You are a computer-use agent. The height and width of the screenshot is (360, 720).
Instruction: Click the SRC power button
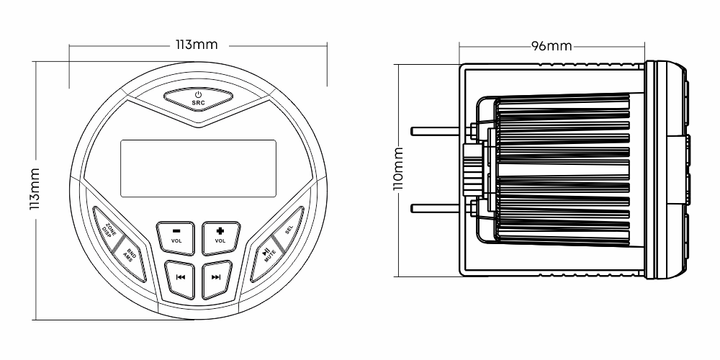pyautogui.click(x=199, y=99)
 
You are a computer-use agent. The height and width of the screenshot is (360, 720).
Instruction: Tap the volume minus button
pyautogui.click(x=176, y=238)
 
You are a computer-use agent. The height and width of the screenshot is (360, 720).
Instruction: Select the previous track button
pyautogui.click(x=180, y=278)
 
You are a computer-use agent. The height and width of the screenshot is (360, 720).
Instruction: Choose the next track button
pyautogui.click(x=217, y=278)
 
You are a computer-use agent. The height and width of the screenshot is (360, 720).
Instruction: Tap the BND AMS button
pyautogui.click(x=129, y=258)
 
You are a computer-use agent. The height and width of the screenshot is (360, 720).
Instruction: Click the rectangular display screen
pyautogui.click(x=199, y=168)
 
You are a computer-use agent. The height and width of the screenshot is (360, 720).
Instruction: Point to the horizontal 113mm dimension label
pyautogui.click(x=197, y=45)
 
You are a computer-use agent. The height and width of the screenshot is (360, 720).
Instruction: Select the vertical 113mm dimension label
pyautogui.click(x=35, y=189)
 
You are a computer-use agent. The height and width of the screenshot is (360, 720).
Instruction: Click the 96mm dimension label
pyautogui.click(x=552, y=46)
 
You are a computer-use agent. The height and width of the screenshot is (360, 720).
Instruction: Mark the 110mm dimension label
pyautogui.click(x=399, y=168)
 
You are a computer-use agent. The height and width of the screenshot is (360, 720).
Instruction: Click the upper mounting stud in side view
pyautogui.click(x=435, y=131)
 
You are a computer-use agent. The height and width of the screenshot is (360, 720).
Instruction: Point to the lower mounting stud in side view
pyautogui.click(x=435, y=209)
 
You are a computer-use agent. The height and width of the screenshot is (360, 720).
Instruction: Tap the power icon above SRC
pyautogui.click(x=199, y=94)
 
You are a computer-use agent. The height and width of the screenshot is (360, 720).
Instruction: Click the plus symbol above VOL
pyautogui.click(x=220, y=231)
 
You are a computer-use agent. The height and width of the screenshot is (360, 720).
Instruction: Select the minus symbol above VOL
pyautogui.click(x=176, y=231)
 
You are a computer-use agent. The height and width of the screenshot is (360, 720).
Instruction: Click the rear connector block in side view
pyautogui.click(x=473, y=169)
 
